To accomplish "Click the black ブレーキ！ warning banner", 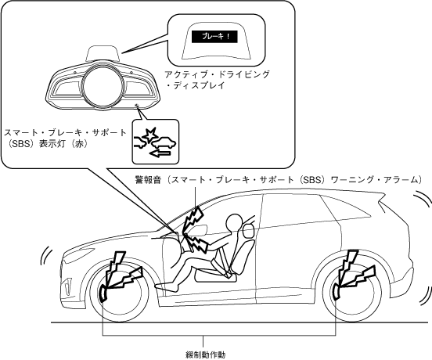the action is (214, 36).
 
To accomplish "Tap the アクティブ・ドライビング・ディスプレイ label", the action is (218, 80).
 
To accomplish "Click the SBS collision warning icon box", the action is (156, 142).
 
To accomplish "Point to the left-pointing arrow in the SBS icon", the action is (161, 154).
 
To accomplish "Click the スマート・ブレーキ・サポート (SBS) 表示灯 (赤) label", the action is (65, 139).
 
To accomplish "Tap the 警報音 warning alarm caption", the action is (279, 179).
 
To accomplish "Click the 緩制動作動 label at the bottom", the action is (206, 355).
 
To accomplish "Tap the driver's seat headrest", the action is (249, 231).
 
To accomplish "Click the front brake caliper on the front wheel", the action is (103, 293).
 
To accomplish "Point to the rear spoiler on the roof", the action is (382, 201).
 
